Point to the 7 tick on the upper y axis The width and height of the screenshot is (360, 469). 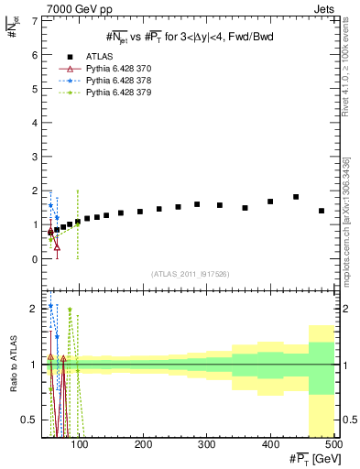tap(35, 20)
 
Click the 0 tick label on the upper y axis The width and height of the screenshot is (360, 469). tap(35, 259)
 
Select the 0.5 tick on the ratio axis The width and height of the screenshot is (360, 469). tap(30, 420)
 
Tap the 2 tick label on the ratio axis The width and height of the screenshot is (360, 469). tap(35, 309)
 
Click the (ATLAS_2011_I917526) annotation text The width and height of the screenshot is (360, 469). tap(191, 274)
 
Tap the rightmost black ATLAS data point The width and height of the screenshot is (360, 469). tap(322, 211)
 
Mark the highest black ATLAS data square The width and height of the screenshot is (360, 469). tap(296, 197)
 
